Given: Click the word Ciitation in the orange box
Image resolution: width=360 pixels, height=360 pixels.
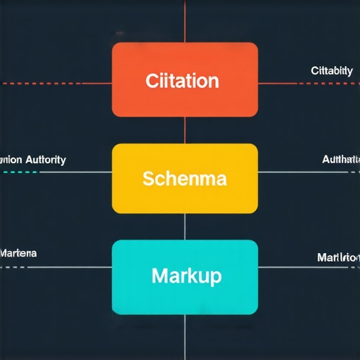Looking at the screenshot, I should pos(182,80).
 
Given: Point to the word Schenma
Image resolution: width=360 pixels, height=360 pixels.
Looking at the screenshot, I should pos(184,179).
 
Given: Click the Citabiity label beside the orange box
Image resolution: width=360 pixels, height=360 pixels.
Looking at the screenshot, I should pos(332,71).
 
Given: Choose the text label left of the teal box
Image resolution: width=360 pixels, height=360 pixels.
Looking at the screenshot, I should pos(18,252).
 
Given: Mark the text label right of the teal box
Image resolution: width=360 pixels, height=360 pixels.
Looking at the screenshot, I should pos(338,257).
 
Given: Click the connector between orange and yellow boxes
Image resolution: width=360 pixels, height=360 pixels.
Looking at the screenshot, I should pos(185,130).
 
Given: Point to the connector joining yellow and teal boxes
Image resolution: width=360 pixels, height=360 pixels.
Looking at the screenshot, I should pos(185,226).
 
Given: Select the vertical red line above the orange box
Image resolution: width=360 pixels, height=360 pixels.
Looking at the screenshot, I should pos(185,21).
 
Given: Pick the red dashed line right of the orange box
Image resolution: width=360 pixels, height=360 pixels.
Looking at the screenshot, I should pos(309,83).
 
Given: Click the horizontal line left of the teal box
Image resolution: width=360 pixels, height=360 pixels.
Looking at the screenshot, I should pos(56,268).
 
